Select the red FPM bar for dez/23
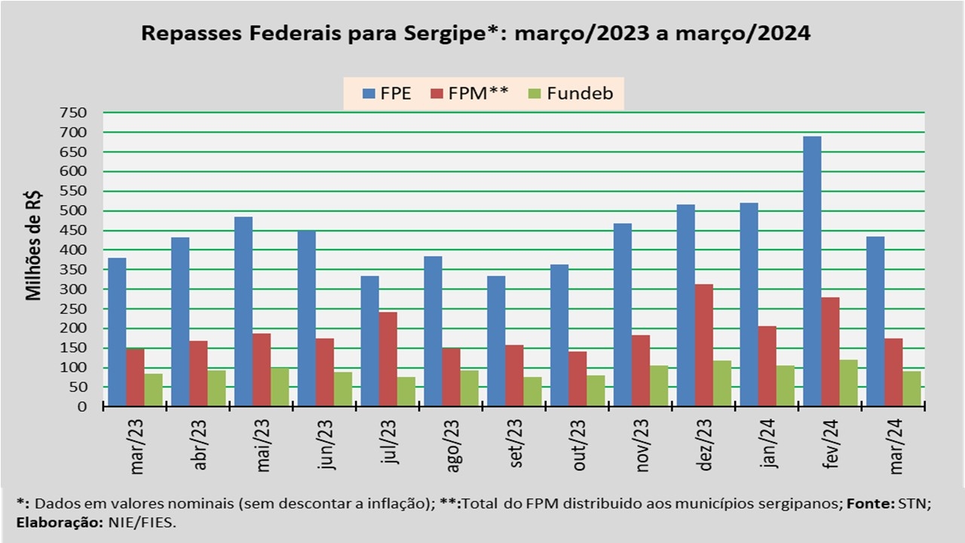[x=703, y=345]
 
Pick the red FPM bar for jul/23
[x=388, y=359]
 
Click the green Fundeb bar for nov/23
[x=659, y=386]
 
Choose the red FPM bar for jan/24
[x=767, y=366]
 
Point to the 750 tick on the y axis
[x=74, y=113]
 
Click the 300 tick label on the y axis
[x=74, y=290]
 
